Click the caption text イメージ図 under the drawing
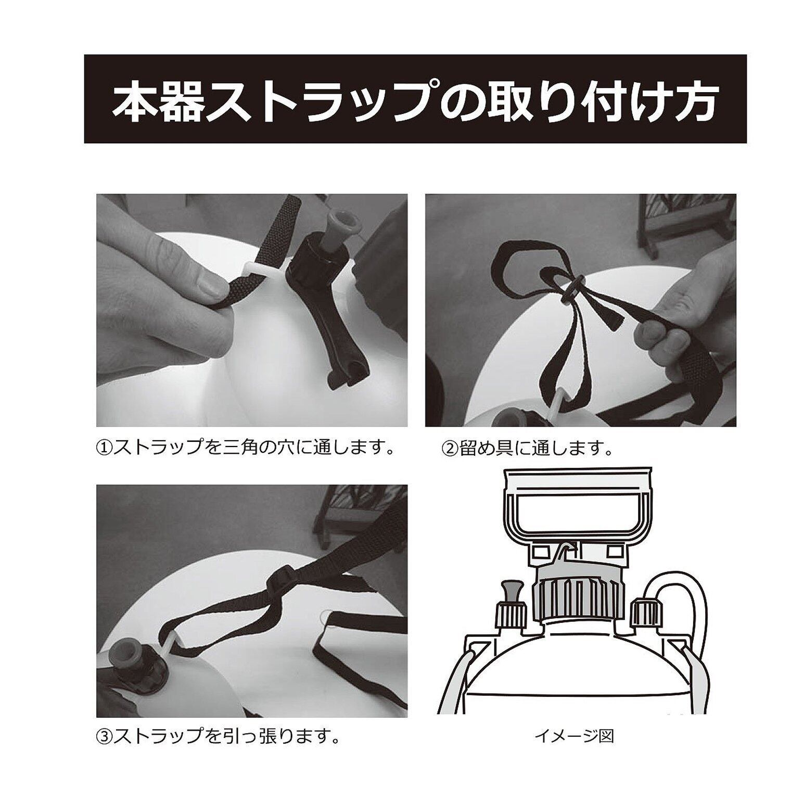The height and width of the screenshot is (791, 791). [575, 736]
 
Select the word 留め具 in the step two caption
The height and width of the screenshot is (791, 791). [484, 447]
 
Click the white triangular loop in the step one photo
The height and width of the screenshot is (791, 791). [256, 270]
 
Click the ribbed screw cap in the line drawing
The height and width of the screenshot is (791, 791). [579, 596]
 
